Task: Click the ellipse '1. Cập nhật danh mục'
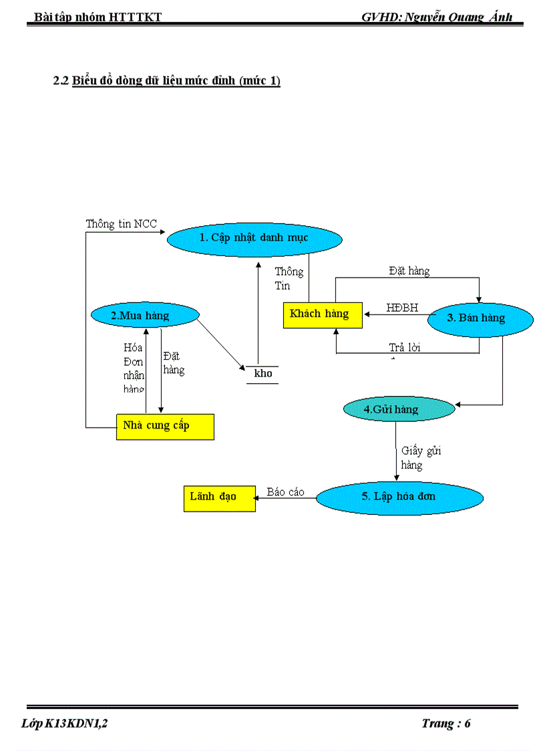pyautogui.click(x=254, y=238)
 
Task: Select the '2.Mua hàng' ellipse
pyautogui.click(x=145, y=315)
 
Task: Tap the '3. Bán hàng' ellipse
pyautogui.click(x=480, y=318)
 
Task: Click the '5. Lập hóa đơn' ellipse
pyautogui.click(x=399, y=497)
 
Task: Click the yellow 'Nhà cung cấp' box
pyautogui.click(x=165, y=427)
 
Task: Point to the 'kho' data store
pyautogui.click(x=263, y=374)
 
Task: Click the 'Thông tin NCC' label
pyautogui.click(x=121, y=224)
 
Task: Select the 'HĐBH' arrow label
pyautogui.click(x=402, y=308)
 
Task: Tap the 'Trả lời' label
pyautogui.click(x=405, y=348)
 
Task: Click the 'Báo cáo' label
pyautogui.click(x=285, y=492)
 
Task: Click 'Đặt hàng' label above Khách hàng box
pyautogui.click(x=409, y=271)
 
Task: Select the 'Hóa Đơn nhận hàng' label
pyautogui.click(x=134, y=368)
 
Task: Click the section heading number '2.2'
pyautogui.click(x=61, y=82)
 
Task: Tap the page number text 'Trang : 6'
pyautogui.click(x=446, y=724)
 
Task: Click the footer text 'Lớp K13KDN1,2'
pyautogui.click(x=64, y=724)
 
